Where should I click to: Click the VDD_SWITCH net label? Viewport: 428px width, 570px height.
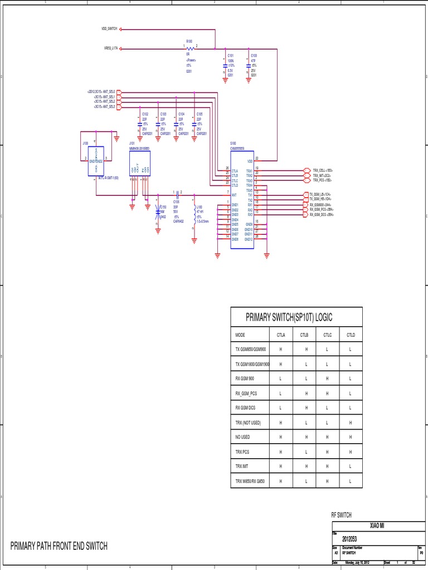coord(109,29)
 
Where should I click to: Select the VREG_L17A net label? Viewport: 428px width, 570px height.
coord(110,49)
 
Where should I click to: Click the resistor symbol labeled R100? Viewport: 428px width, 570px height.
coord(189,48)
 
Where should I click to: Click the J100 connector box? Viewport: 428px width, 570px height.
coord(96,160)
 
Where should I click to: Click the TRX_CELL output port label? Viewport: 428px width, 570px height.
coord(322,170)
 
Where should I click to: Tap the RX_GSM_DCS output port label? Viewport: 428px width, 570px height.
coord(322,214)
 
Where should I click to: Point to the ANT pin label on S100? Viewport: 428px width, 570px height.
coord(235,195)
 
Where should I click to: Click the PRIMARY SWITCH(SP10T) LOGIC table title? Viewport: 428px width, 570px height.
coord(289,317)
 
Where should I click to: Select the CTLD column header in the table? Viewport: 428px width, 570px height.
coord(351,335)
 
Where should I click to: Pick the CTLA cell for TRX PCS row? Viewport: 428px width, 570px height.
coord(281,451)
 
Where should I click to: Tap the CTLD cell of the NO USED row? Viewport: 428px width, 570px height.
coord(351,437)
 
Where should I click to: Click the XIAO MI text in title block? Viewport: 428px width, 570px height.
coord(377,526)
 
